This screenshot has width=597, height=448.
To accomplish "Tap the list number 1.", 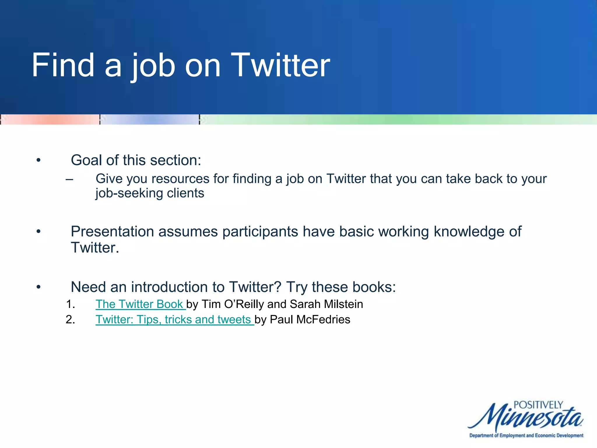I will point(70,304).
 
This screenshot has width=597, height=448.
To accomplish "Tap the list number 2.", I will point(70,320).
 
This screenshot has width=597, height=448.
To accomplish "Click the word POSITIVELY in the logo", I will point(538,405).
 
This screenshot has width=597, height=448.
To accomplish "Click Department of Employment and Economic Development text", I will point(526,435).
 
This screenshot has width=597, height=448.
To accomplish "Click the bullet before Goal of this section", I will point(38,160).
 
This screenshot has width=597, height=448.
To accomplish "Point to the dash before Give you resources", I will point(69,179).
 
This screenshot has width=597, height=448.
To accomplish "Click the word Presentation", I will point(113,232).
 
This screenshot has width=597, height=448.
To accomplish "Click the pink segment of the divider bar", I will point(50,120).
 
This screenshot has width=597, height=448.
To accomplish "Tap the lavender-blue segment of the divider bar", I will point(149,120).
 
